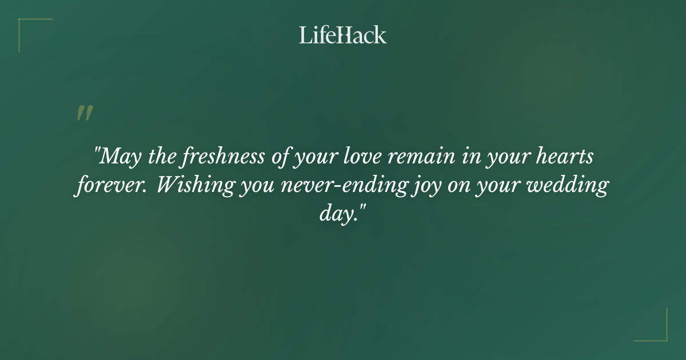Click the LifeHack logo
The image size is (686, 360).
click(x=343, y=35)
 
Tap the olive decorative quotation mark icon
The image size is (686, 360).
click(x=84, y=113)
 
